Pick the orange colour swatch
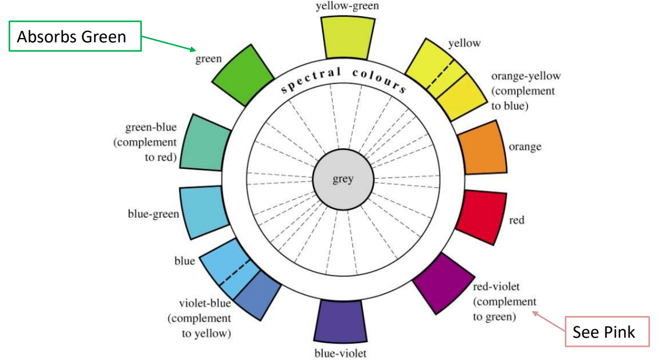coord(481,147)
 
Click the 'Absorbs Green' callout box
coord(74,36)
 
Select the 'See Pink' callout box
coord(604,331)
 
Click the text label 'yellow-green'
coord(348,7)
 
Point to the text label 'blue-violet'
coord(341,353)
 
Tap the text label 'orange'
coord(525,147)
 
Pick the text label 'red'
coord(517,220)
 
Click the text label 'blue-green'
coord(153,214)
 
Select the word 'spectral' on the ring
coord(311,79)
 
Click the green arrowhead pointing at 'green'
coord(192,49)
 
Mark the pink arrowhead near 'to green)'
coord(536,313)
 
